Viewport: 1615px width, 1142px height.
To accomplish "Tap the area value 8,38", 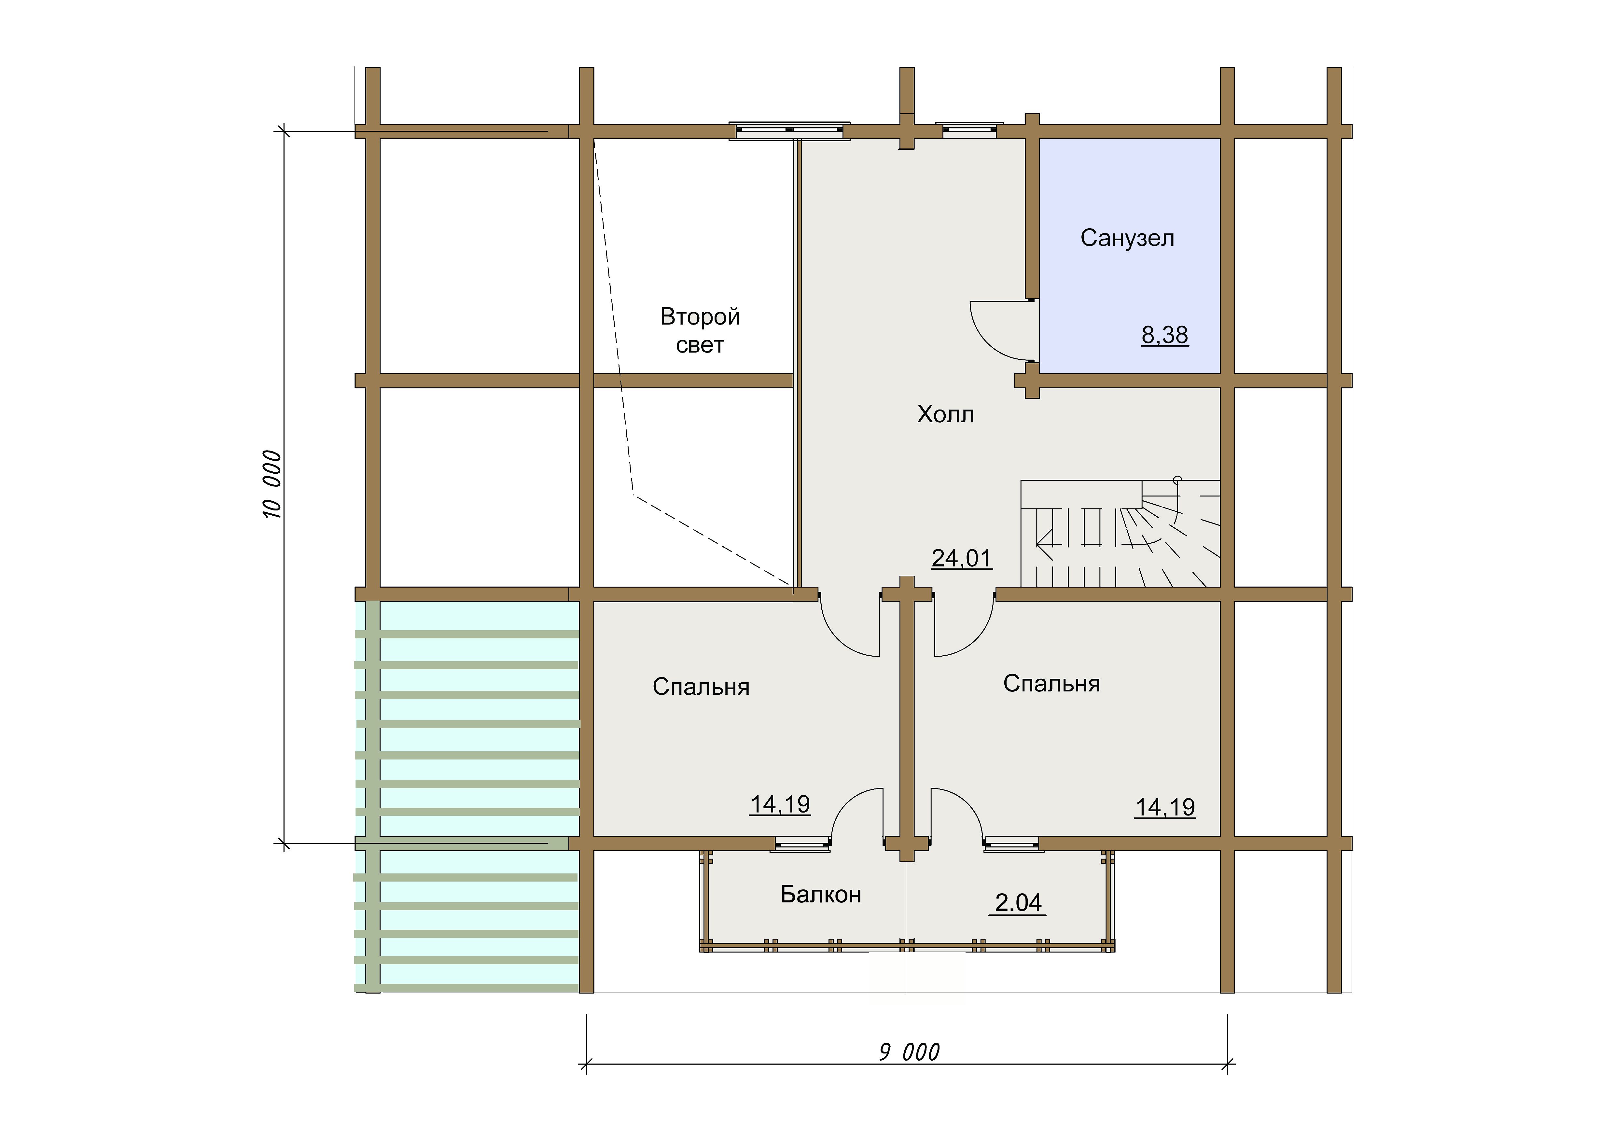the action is (x=1165, y=335).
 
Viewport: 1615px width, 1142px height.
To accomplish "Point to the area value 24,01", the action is (x=962, y=558).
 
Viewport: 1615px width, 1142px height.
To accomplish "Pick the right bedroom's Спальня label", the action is (x=1051, y=684).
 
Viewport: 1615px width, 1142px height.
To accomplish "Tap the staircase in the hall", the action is (x=1120, y=533).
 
